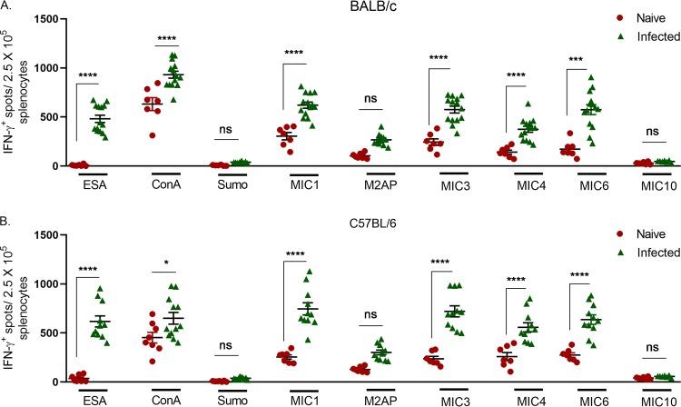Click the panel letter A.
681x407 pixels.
click(6, 7)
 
